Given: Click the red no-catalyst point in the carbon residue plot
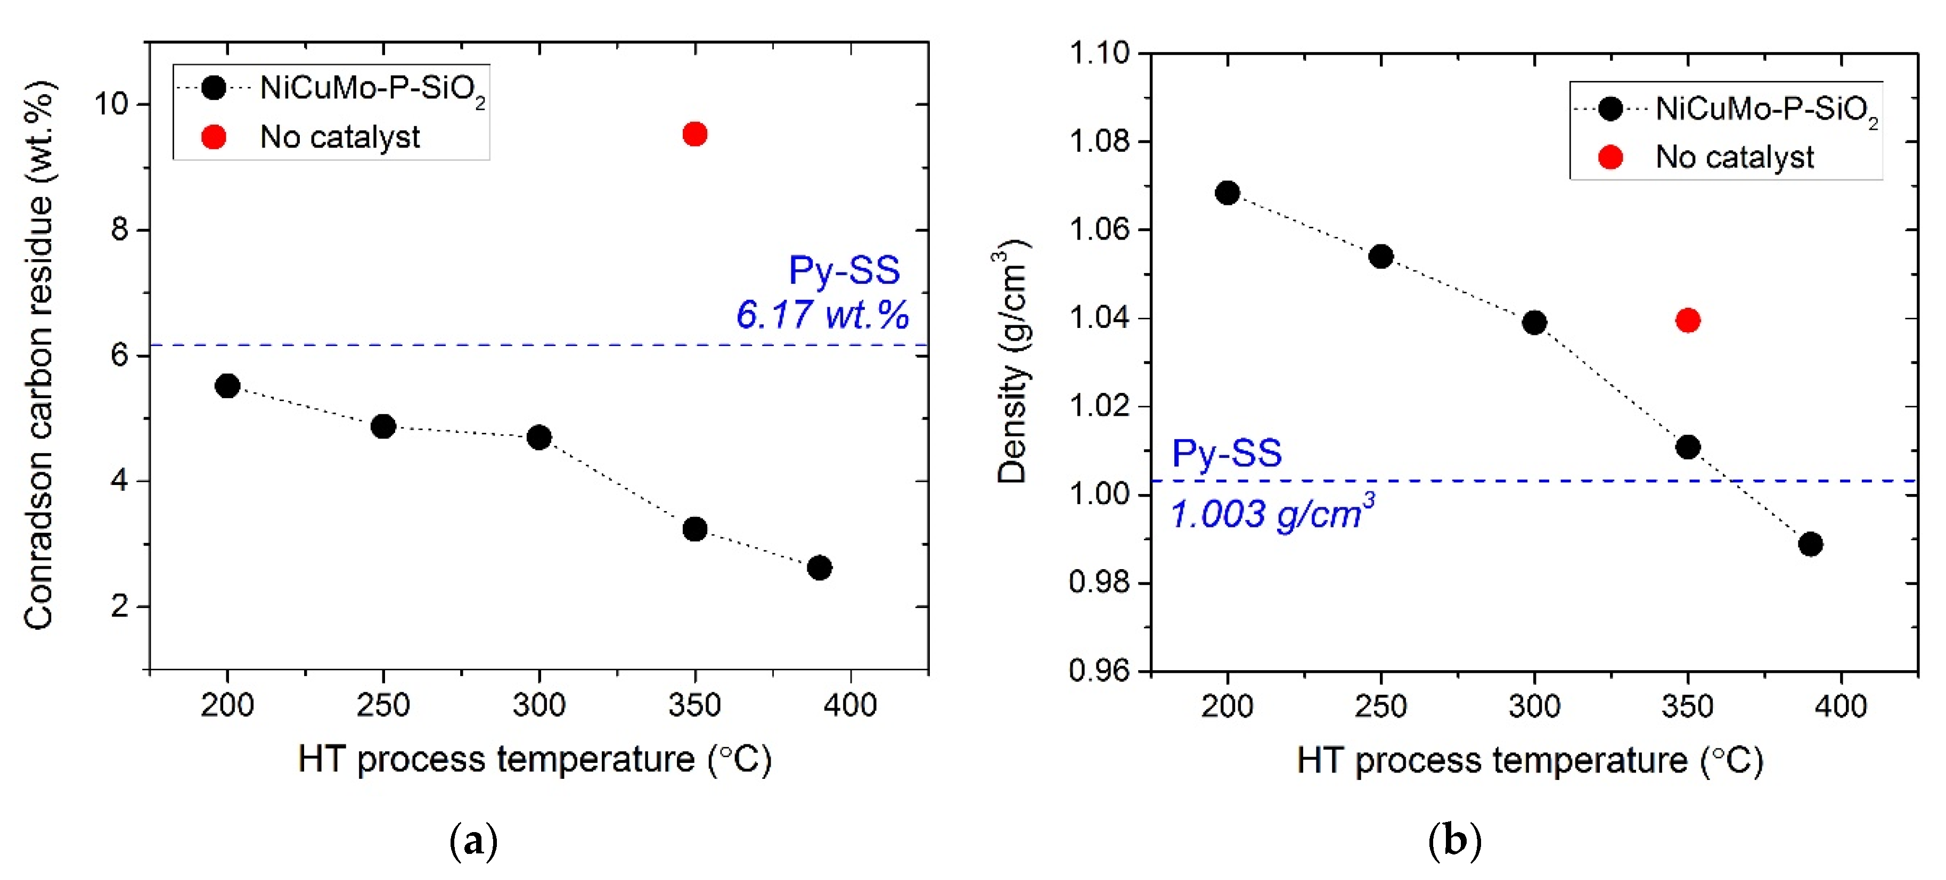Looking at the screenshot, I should click(694, 135).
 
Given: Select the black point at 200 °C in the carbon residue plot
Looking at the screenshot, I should click(227, 386).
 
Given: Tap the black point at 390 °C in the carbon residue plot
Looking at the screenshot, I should click(819, 568).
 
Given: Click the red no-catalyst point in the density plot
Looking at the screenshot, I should click(1688, 320).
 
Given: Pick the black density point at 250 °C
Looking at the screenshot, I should click(1381, 257).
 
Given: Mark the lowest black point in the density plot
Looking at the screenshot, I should click(1810, 544).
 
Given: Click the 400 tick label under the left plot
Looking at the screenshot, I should click(850, 705).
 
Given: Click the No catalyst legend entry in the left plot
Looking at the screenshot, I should click(339, 137).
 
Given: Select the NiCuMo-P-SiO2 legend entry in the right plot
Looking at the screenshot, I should click(1765, 110).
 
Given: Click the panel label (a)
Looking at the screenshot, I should click(473, 841).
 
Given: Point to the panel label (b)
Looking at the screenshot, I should click(1454, 841).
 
